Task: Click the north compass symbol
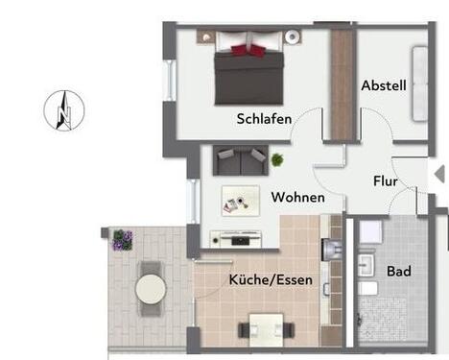(63, 109)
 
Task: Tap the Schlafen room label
(264, 119)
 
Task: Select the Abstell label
(384, 85)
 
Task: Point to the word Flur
(386, 180)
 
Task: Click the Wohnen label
(296, 198)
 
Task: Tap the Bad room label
(398, 272)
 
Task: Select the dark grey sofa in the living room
(240, 159)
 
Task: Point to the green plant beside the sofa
(277, 159)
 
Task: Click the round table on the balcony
(151, 287)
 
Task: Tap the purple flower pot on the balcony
(122, 239)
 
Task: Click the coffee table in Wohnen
(239, 200)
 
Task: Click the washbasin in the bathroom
(367, 263)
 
